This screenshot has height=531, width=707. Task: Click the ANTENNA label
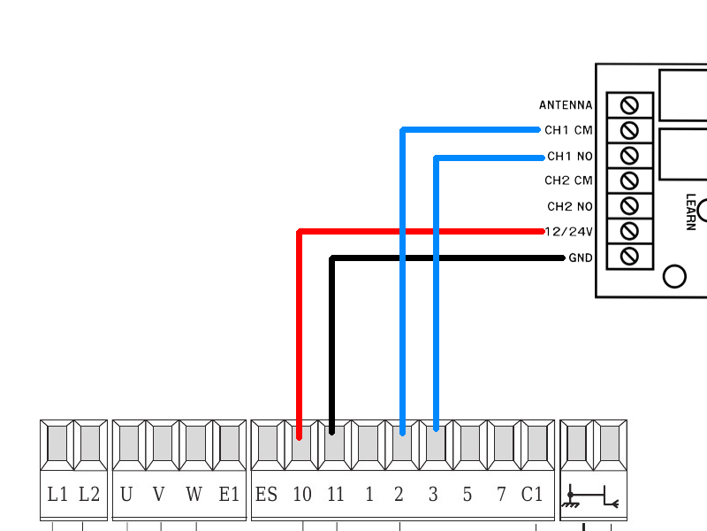point(566,105)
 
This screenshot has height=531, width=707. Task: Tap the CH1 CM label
point(568,130)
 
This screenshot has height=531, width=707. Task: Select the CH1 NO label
point(569,157)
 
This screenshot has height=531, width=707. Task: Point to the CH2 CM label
point(568,181)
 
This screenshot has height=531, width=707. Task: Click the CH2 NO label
point(569,207)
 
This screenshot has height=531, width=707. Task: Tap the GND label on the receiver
point(581,258)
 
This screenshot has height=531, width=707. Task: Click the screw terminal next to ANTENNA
point(630,104)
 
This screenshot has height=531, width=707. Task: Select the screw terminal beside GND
point(630,257)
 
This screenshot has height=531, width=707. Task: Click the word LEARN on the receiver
point(690,212)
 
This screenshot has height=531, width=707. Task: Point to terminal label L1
point(57,494)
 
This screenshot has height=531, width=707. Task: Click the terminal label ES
point(266,494)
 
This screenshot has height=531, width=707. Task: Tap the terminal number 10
point(301,494)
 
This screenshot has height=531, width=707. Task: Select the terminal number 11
point(335,494)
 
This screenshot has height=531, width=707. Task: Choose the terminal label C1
point(532,494)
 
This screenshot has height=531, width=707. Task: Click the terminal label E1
point(229,494)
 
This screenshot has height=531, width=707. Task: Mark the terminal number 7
point(500,494)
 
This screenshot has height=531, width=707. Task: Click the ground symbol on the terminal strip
point(573,497)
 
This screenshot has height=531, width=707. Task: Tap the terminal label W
point(194,494)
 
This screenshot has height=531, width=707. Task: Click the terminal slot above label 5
point(467,442)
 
